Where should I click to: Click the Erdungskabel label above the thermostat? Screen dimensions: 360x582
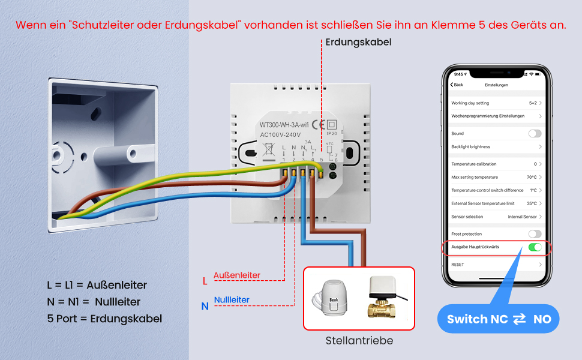[359, 42]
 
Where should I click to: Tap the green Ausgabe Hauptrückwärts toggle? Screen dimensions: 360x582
[535, 247]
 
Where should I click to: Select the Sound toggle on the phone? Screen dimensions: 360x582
[535, 134]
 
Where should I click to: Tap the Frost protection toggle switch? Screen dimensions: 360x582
[535, 234]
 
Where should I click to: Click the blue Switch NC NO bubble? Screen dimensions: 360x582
[499, 319]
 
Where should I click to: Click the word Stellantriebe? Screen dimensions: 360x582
[359, 341]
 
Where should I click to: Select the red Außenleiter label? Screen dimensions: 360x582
[236, 275]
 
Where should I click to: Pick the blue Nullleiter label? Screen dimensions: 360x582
[232, 300]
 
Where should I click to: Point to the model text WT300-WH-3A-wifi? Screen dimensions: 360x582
[284, 125]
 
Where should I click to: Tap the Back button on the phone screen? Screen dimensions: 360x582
[457, 85]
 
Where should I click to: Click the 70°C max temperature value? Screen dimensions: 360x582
[532, 177]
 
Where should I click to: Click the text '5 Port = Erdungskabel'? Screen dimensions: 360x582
[104, 319]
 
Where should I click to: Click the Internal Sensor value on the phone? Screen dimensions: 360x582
[522, 217]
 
